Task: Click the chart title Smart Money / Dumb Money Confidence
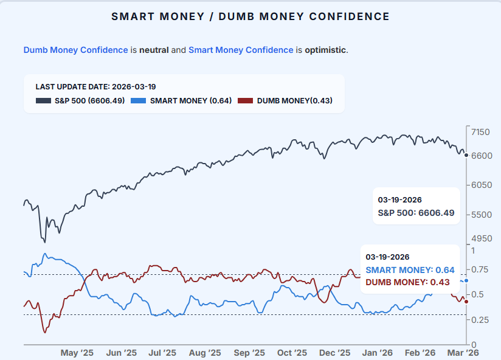pos(250,16)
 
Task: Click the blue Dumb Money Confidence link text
pos(75,50)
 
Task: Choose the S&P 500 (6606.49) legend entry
pos(80,100)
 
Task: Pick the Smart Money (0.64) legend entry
pos(181,100)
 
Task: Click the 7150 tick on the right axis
pos(480,132)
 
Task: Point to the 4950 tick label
pos(480,238)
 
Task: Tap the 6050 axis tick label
pos(480,185)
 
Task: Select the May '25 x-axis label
pos(77,353)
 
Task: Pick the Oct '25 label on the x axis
pos(292,353)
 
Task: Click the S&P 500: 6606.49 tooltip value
pos(416,213)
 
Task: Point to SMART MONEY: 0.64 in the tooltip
pos(410,270)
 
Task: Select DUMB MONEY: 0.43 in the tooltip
pos(407,282)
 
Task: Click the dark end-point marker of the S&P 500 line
pos(466,156)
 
